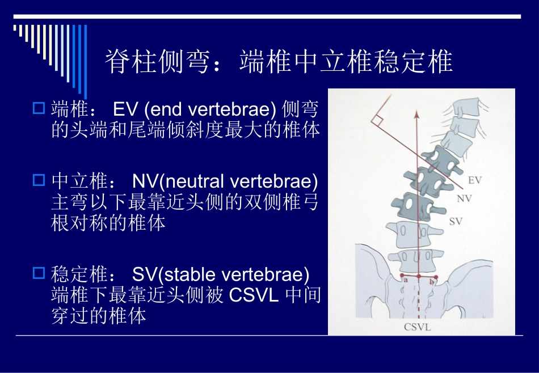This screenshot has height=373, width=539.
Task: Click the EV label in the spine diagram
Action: [474, 180]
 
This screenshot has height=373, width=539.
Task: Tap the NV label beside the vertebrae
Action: [464, 198]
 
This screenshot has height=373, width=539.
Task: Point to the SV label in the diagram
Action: [456, 222]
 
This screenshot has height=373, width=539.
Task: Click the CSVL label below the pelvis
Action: [418, 327]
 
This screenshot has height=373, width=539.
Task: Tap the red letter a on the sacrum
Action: [405, 279]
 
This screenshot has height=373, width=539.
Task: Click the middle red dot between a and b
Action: [418, 277]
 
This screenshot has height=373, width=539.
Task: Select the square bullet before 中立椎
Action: [39, 180]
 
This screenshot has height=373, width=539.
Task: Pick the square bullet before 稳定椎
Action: [39, 274]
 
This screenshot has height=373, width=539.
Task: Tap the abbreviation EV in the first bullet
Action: [123, 108]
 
